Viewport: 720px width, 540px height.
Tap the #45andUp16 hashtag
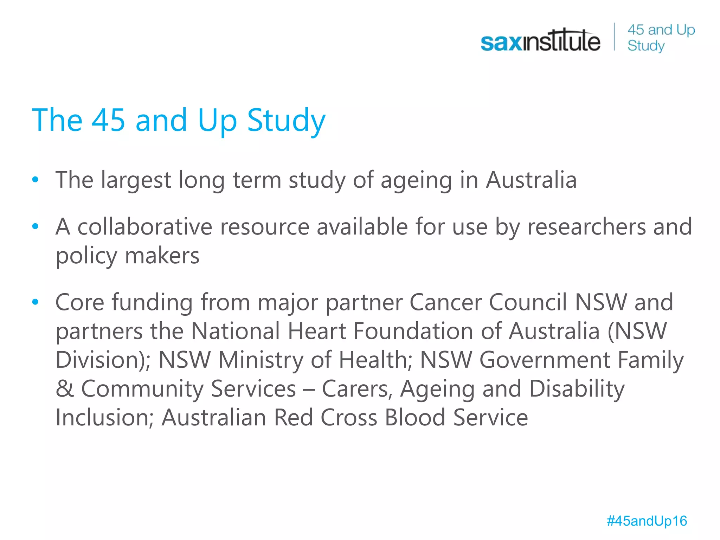coord(647,521)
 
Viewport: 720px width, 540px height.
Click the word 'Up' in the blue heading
coord(217,120)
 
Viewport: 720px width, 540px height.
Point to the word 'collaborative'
coord(144,227)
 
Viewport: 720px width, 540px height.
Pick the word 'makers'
coord(162,256)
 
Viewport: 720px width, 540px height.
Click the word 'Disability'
coord(577,389)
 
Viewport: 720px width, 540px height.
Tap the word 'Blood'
coord(415,418)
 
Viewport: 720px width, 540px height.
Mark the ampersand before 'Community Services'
coord(65,389)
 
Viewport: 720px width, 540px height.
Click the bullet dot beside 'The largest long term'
coord(35,180)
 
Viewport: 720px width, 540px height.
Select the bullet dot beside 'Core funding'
coord(35,302)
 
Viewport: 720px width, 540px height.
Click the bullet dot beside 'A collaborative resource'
coord(35,226)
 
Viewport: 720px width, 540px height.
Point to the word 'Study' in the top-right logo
coord(646,46)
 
